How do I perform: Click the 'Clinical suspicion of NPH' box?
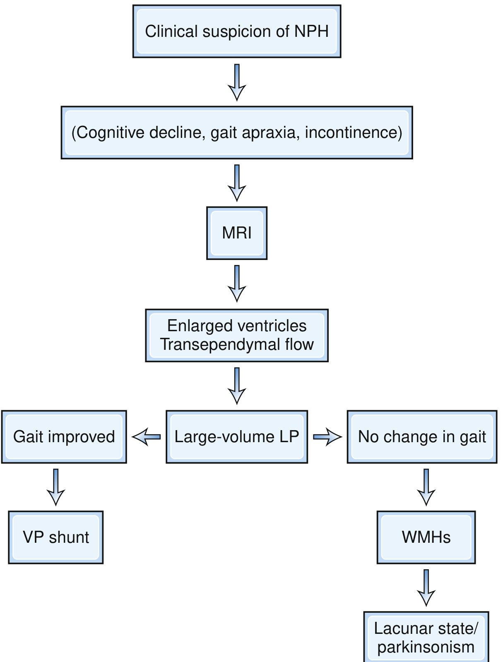tap(237, 31)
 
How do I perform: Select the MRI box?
tap(237, 233)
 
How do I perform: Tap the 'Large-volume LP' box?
tap(237, 437)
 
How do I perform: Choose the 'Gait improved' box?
tap(64, 437)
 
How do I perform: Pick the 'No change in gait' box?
tap(422, 437)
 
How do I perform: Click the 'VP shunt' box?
tap(56, 537)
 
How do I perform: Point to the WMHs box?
tap(426, 537)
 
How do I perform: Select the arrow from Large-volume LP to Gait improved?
tap(146, 437)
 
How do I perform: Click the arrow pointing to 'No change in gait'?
tap(327, 437)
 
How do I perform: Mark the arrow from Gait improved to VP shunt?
tap(56, 487)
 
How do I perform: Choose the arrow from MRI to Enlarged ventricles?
tap(237, 284)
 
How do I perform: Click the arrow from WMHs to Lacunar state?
tap(426, 587)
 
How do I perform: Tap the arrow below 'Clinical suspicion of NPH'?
tap(237, 82)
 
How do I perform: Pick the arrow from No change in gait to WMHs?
tap(426, 487)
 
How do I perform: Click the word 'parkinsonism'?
tap(426, 647)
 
